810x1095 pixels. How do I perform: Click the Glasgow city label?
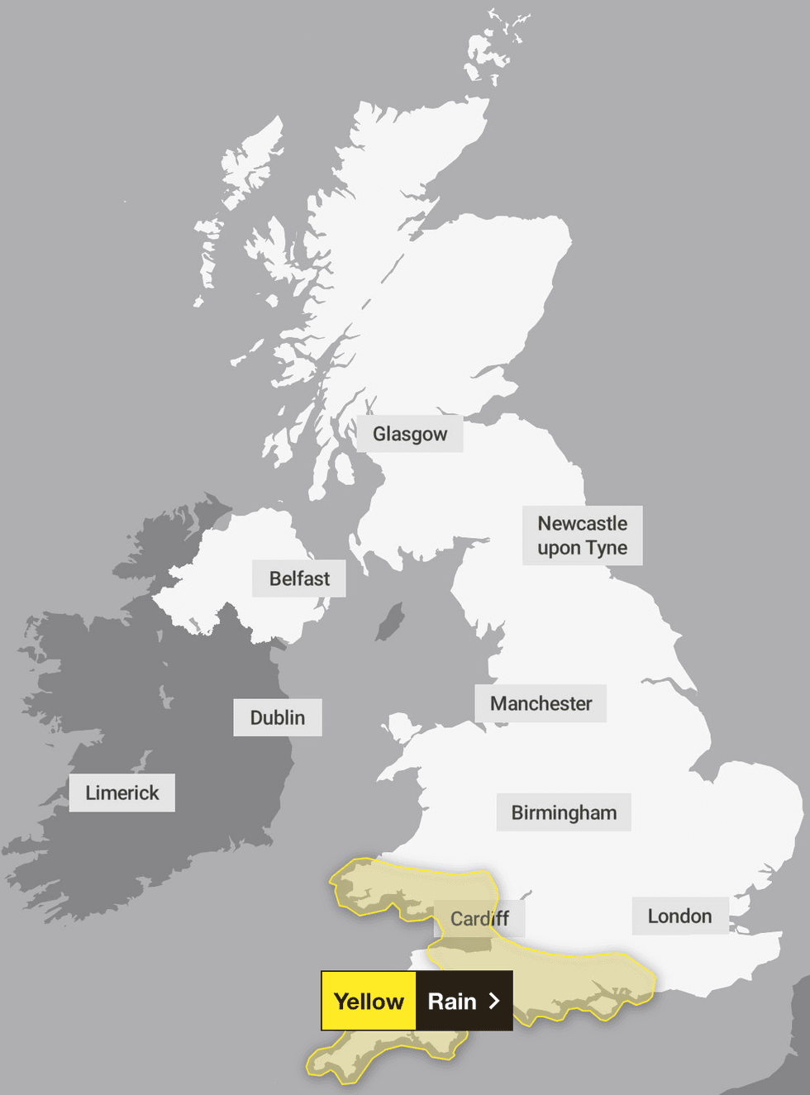(409, 434)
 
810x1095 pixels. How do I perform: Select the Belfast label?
(298, 578)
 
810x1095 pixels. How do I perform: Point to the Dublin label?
(277, 717)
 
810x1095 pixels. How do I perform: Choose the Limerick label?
(121, 793)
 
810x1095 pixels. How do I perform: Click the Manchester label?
(541, 703)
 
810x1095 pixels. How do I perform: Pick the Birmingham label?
(563, 812)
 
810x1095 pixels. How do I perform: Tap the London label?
(679, 916)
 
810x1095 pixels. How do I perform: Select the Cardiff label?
(479, 918)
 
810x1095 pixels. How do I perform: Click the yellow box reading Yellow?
(369, 1001)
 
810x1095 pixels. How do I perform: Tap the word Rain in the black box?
(452, 1001)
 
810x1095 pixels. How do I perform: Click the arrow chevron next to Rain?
(494, 1001)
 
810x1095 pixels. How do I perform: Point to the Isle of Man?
(391, 621)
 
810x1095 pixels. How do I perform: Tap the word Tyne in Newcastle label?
(607, 548)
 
